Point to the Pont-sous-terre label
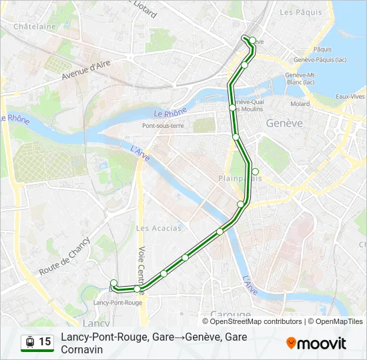coord(162,125)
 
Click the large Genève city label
coord(284,123)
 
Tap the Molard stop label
coord(300,104)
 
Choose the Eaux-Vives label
coord(350,97)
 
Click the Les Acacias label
coord(158,228)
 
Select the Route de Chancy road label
coord(64,257)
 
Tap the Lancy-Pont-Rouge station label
coord(118,302)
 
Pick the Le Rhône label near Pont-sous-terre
coord(170,114)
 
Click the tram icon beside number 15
coord(29,342)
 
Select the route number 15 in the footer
coord(45,342)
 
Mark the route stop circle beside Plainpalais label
coord(255,171)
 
